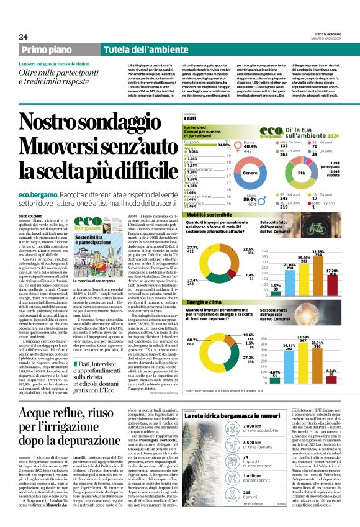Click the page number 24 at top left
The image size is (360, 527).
[24, 37]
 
